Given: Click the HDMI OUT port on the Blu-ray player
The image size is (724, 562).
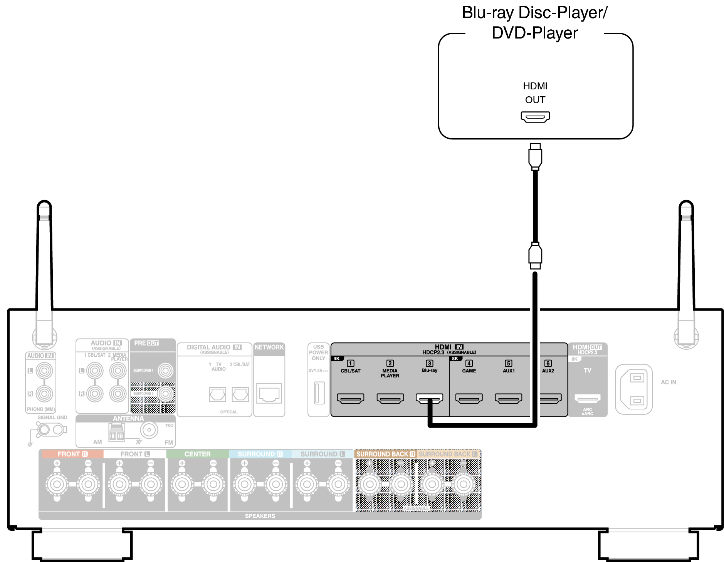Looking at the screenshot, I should point(535,116).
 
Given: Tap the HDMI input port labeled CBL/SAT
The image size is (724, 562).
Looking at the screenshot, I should point(350,398).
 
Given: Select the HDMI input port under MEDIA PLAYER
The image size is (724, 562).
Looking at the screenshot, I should point(390,398).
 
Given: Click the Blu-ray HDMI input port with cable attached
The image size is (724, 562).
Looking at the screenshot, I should point(429,398).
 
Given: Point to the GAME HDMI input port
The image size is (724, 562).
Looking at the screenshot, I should point(469,398).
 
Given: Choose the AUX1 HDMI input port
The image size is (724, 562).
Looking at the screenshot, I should point(508,398).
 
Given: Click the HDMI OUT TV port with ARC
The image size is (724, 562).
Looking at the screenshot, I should point(587,398).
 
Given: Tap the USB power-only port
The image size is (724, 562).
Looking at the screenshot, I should point(319,393).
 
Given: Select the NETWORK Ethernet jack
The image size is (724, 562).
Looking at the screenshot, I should point(269,393).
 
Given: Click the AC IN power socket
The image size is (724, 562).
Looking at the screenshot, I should point(633,389).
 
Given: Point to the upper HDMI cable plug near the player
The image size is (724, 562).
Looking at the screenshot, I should point(535,157).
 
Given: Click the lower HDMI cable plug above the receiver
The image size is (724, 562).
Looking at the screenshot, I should point(535,255).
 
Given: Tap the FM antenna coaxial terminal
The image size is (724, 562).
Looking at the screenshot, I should point(149,430).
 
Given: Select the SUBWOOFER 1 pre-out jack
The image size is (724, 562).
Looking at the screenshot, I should point(166,371).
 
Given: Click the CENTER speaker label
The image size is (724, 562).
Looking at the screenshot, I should point(197,454).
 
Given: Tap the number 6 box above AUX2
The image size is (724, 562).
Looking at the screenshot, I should point(548,363).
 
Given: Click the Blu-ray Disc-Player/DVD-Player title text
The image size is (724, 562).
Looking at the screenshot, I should point(535,23).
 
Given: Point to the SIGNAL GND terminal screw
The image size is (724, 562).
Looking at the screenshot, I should point(44,429).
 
